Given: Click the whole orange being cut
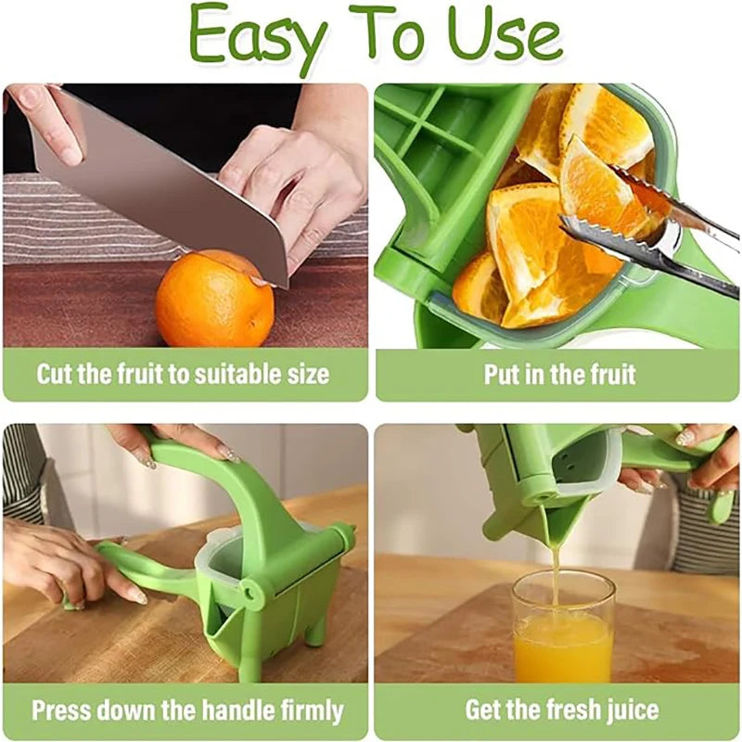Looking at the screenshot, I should click(x=213, y=300).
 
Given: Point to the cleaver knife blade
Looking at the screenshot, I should click(x=158, y=176).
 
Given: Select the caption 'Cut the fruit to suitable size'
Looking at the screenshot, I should click(x=183, y=375).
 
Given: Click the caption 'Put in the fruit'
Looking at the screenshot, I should click(x=559, y=375).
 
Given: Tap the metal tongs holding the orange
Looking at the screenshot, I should click(x=649, y=232).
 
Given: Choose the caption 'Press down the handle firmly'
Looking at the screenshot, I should click(x=187, y=711).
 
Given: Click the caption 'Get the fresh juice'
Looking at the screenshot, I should click(x=562, y=711).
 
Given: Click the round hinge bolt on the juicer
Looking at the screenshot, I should click(x=252, y=589).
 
